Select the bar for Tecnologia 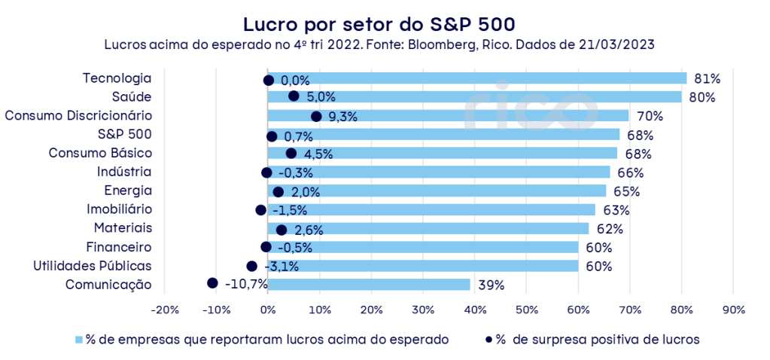(x=477, y=78)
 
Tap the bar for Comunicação (x=369, y=285)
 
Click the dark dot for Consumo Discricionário (x=316, y=116)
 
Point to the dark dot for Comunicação (x=212, y=283)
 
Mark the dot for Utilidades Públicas (x=252, y=266)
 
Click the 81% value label (x=708, y=78)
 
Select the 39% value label (x=491, y=285)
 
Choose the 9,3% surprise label (x=342, y=117)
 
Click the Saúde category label (x=132, y=96)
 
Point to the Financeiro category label (x=119, y=246)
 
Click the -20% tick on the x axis (x=164, y=310)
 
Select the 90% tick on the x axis (x=733, y=310)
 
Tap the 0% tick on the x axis (x=268, y=310)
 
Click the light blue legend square (x=78, y=340)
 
